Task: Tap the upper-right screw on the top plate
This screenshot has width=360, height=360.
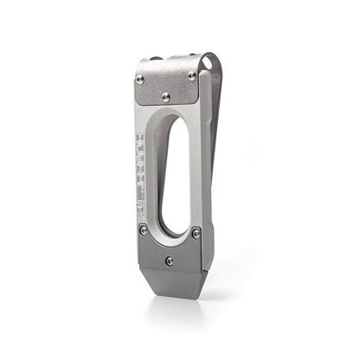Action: coord(191,75)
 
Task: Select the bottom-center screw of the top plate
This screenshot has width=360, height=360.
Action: coord(168,97)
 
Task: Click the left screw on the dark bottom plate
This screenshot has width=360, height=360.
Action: coord(144,229)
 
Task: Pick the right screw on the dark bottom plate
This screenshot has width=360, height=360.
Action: coord(196,233)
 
